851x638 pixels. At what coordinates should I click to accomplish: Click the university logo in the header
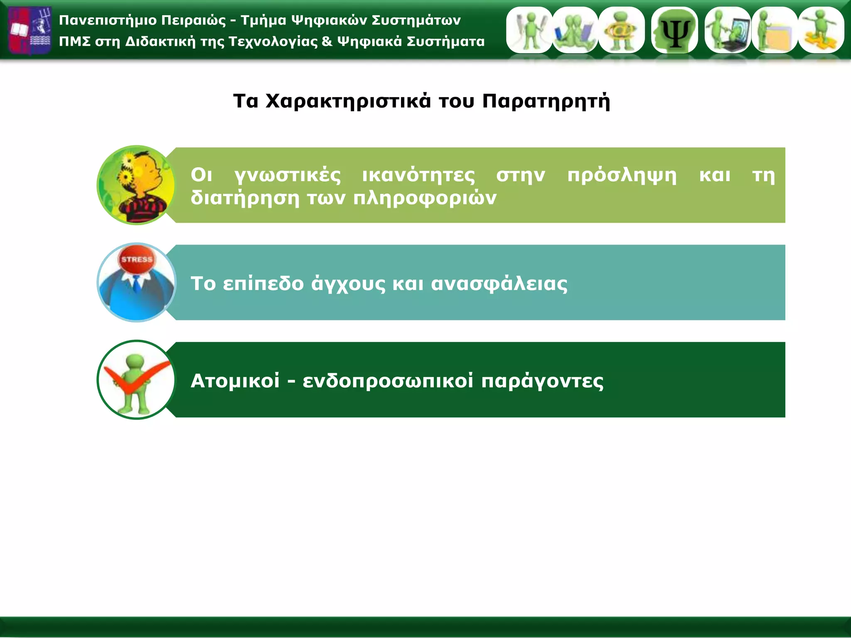pos(30,30)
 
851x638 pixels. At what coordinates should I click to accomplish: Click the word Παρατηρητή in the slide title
pos(546,101)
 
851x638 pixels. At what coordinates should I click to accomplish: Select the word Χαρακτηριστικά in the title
pos(348,101)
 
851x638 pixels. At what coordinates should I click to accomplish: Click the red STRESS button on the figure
pos(137,260)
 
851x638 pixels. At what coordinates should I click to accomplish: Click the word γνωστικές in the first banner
pos(288,175)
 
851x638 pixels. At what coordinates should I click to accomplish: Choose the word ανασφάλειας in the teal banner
pos(499,284)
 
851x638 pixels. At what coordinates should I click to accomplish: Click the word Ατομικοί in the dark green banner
pos(235,380)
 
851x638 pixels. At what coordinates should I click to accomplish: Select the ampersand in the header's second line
pos(327,41)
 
